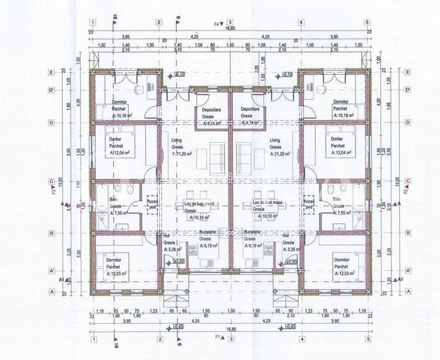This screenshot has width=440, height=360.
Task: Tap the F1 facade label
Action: click(217, 336)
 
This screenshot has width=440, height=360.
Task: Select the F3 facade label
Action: click(54, 190)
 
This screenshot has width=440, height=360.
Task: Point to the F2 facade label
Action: click(405, 190)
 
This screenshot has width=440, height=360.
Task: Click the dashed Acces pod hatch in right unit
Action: click(310, 203)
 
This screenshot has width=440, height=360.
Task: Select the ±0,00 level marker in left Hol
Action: click(178, 261)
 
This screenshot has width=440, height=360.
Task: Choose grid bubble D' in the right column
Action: click(407, 90)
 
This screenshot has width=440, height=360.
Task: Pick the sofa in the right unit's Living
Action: click(244, 153)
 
